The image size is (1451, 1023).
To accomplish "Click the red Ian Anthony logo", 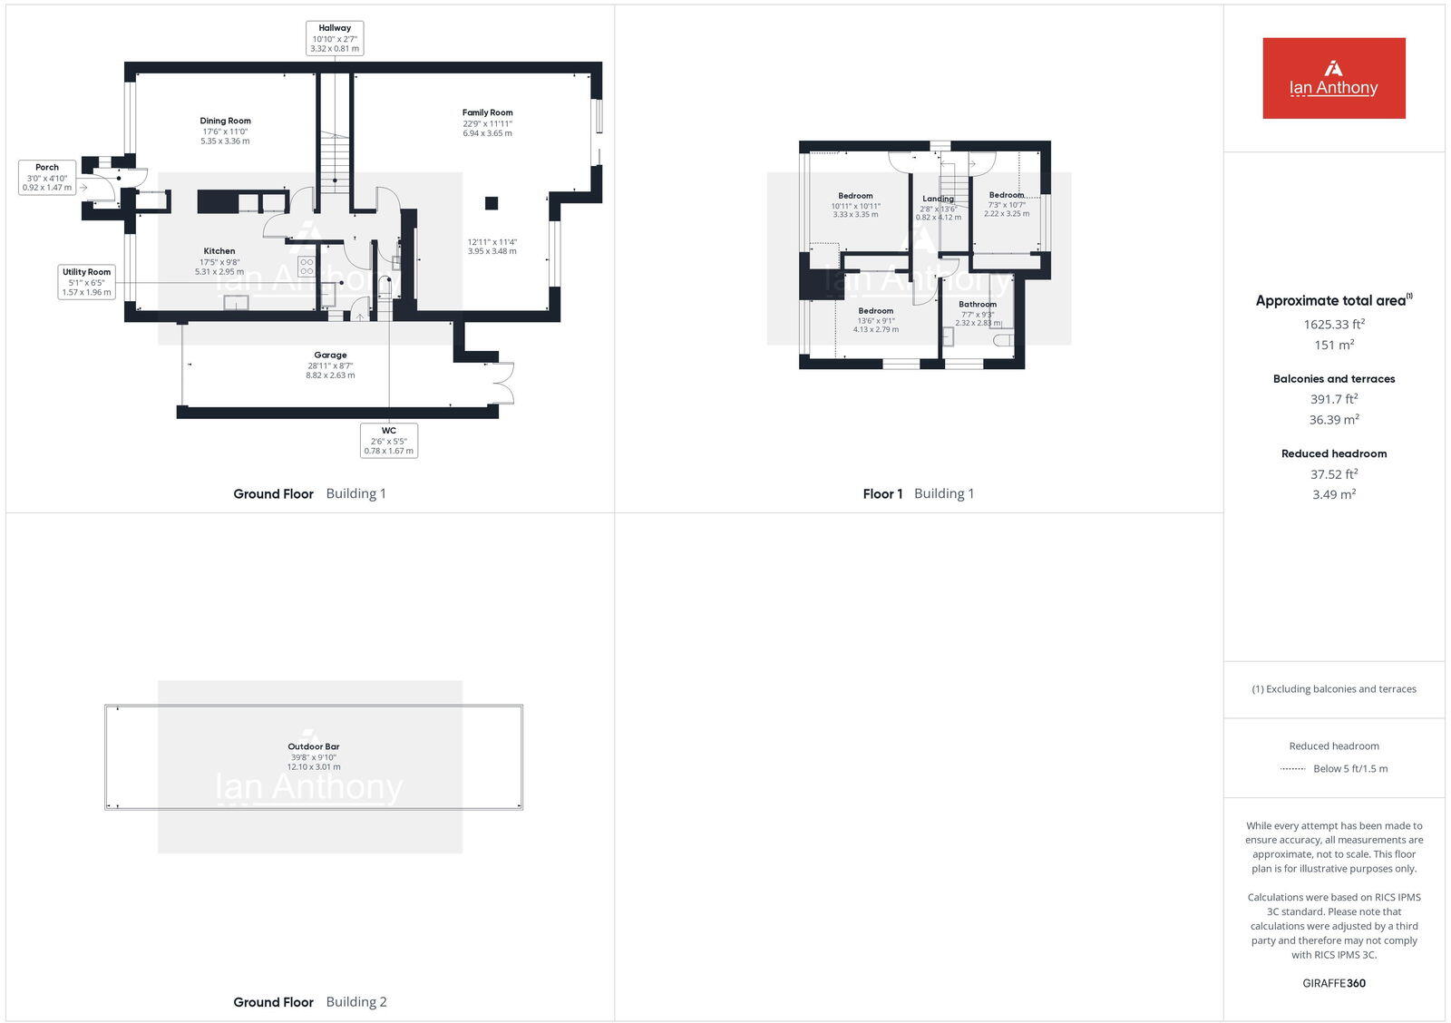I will coord(1333,78).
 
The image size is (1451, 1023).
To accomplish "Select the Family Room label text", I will coord(487,112).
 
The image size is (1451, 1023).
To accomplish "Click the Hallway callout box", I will coord(335,38).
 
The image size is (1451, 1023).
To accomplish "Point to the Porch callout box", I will coord(47,177).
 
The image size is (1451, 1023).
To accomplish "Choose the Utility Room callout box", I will coord(86,281).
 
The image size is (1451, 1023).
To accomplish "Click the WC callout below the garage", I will coord(388,440).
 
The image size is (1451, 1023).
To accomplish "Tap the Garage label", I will coord(330,356).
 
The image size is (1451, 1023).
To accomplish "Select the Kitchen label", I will coord(219,251).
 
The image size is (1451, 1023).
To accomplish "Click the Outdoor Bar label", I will coord(313,746).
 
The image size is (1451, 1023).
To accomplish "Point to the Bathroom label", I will coord(978,305).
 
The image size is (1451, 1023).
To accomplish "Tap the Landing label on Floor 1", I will coord(938,199).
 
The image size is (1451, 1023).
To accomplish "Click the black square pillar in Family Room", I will coord(491,203).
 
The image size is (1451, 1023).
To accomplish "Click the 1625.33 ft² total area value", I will coord(1333,324).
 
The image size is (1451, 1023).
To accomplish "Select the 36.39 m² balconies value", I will coord(1333,420).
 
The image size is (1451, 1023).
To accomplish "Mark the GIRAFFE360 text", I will coord(1333,983).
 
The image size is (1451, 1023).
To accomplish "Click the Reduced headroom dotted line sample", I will coord(1292,769).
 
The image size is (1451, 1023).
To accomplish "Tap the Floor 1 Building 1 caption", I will coord(918,493).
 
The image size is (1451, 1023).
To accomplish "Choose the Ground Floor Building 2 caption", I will coord(309,1002).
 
